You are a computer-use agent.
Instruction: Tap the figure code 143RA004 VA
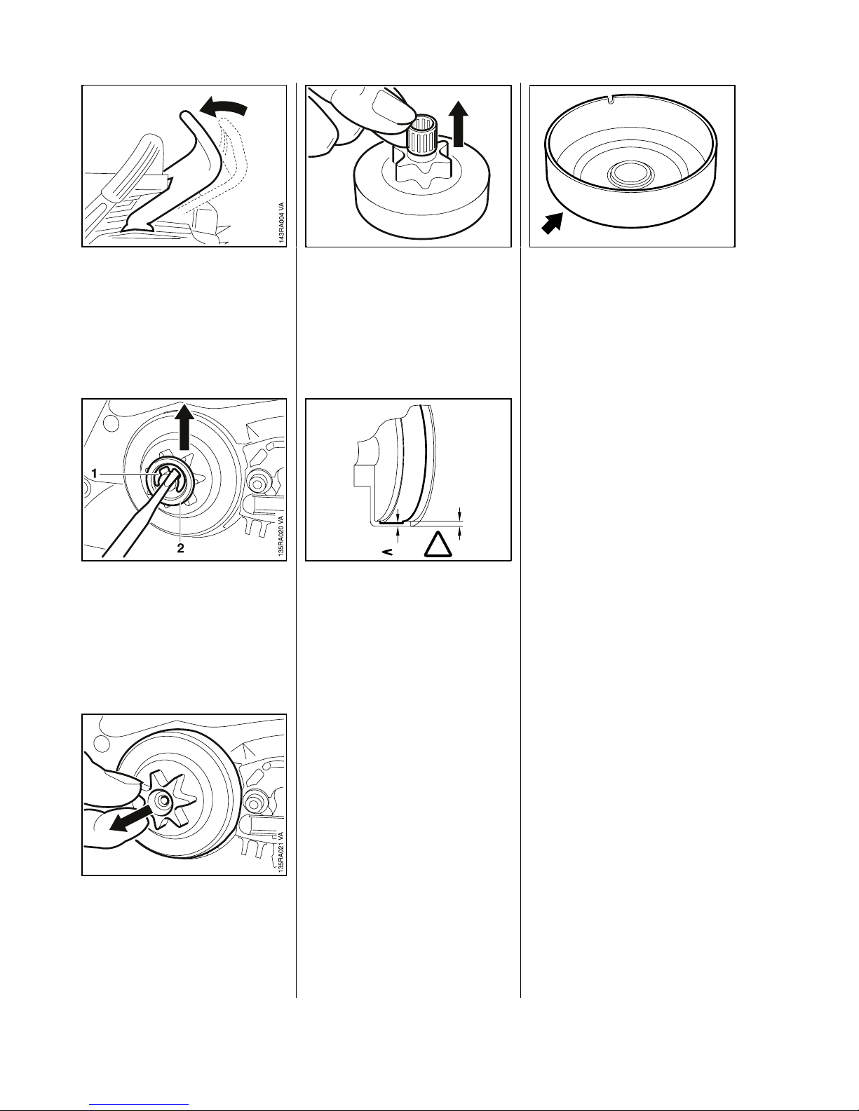pos(280,224)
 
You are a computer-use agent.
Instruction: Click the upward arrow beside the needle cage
pos(461,124)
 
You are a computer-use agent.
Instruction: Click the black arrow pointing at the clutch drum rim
pos(553,224)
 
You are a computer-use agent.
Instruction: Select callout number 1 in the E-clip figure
pos(94,473)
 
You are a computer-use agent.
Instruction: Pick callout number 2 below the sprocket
pos(180,547)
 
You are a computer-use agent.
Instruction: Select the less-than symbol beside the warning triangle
pos(388,552)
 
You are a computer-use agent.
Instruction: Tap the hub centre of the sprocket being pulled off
pos(163,801)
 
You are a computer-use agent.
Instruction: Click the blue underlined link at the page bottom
pos(139,1104)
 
